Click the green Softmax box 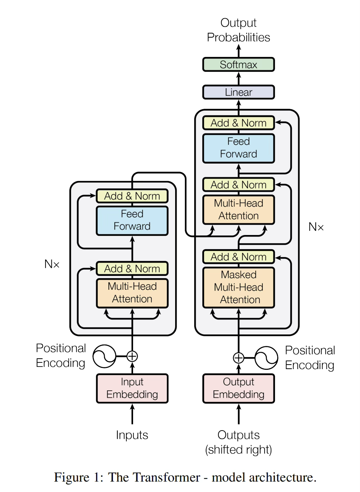click(x=239, y=64)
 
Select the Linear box click(x=239, y=92)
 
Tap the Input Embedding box click(x=132, y=388)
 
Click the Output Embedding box click(x=239, y=388)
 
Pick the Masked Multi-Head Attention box click(x=239, y=287)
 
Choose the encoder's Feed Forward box click(x=132, y=220)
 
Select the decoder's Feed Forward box click(x=239, y=148)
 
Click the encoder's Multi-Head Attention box click(x=132, y=293)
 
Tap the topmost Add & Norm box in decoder click(x=239, y=123)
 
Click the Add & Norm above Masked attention click(x=239, y=257)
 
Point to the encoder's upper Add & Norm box click(x=132, y=196)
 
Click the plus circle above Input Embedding click(x=132, y=356)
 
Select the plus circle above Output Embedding click(x=239, y=358)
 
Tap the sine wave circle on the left click(x=104, y=356)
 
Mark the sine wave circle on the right click(x=266, y=358)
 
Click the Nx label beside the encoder click(x=52, y=264)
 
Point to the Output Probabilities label click(x=239, y=30)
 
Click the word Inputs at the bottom click(x=132, y=435)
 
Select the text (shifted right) click(x=239, y=450)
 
